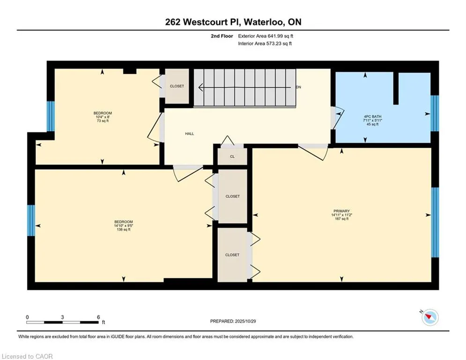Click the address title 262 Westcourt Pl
(x=233, y=22)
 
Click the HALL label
(x=189, y=134)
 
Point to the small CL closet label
(x=232, y=157)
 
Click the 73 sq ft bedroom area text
(x=103, y=121)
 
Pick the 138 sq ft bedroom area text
(x=123, y=230)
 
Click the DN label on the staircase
(x=298, y=87)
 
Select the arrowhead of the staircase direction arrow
(x=200, y=87)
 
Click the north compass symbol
(x=429, y=317)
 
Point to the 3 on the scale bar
(x=62, y=317)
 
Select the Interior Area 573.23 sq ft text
(x=265, y=44)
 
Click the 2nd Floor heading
(x=222, y=36)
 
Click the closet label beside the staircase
(x=177, y=86)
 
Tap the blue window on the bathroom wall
(x=434, y=114)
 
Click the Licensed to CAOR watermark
(x=28, y=356)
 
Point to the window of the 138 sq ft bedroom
(x=31, y=220)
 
